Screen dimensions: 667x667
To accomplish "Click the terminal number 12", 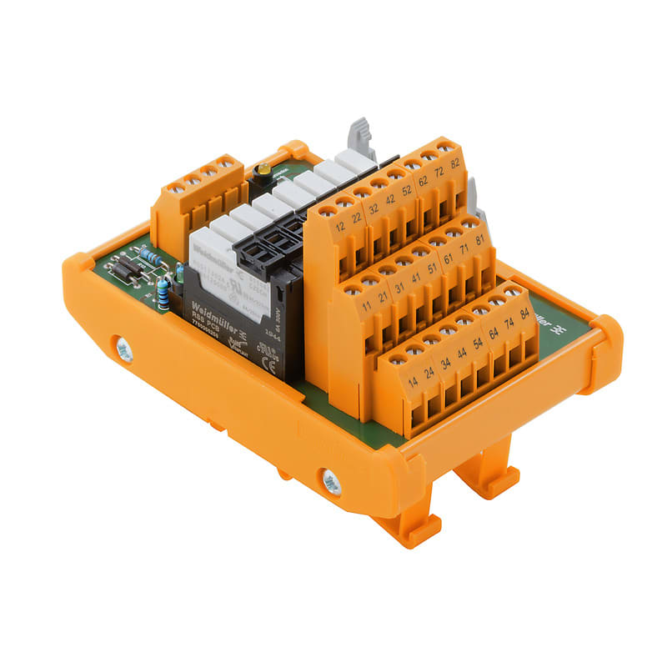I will click(339, 227).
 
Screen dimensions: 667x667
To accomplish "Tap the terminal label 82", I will click(455, 163).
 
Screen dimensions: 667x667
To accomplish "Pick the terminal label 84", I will click(523, 313).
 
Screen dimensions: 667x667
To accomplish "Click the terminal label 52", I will click(406, 189).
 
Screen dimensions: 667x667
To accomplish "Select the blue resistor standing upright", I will click(163, 293).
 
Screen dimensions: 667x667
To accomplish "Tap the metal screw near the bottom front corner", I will click(331, 481).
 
